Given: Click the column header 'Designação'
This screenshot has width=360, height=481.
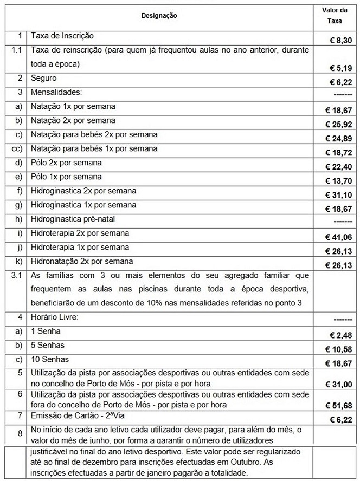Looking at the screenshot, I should pos(159,16).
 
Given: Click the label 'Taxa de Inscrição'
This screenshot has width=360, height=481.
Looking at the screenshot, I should pos(63,36).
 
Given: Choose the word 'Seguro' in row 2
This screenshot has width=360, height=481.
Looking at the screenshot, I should pos(44,78).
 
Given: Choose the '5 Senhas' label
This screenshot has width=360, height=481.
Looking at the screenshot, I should pos(48,345).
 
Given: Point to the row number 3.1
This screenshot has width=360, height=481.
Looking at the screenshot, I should pos(18,275).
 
